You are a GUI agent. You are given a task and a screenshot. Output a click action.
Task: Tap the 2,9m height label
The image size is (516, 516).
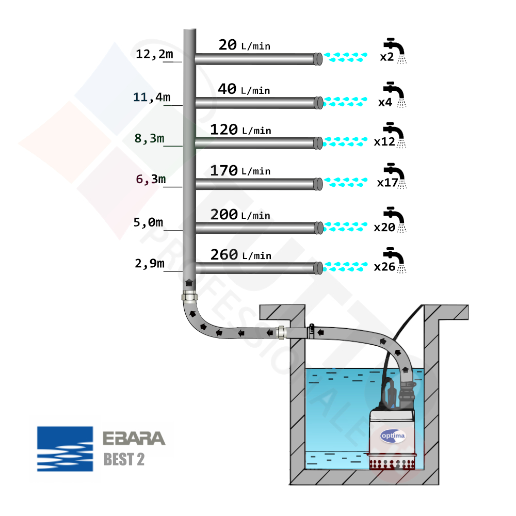(x=150, y=264)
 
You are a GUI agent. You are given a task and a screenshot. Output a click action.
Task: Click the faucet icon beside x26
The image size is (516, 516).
(x=396, y=260)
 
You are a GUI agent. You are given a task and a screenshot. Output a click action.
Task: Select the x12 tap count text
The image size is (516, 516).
(x=384, y=142)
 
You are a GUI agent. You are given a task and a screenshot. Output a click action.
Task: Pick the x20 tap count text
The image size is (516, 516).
(x=384, y=227)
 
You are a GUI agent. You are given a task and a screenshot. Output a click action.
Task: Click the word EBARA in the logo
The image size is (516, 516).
(x=134, y=439)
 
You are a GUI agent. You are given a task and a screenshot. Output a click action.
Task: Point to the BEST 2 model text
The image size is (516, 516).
(x=124, y=459)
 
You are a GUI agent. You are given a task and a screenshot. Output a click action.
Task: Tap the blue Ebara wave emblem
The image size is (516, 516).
(x=65, y=448)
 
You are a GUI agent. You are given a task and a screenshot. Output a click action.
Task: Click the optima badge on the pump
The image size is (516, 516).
(x=393, y=436)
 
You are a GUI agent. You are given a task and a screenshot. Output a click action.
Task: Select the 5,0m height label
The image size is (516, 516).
(x=149, y=223)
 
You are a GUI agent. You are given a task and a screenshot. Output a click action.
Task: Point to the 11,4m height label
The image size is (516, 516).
(x=152, y=96)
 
